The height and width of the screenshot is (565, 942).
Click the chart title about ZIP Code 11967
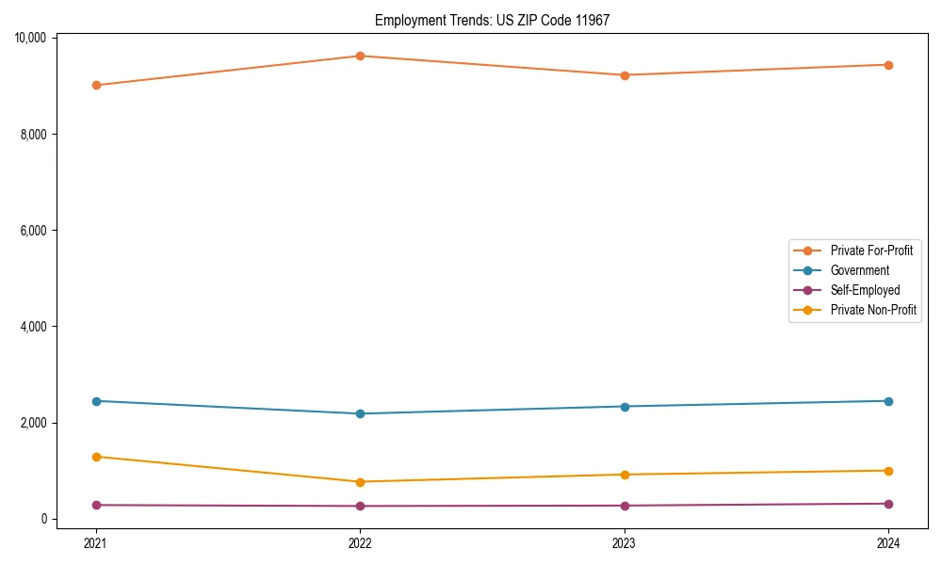[x=492, y=20]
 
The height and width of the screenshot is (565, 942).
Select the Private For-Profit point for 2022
[x=360, y=56]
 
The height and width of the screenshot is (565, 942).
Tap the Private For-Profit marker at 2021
[x=95, y=85]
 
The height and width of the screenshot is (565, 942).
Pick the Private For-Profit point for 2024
[x=888, y=65]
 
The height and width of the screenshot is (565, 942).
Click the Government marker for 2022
[x=360, y=413]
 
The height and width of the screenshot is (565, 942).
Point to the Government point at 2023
[x=624, y=406]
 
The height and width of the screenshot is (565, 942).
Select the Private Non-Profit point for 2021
[x=95, y=457]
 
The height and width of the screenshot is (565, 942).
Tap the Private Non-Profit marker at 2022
[x=360, y=482]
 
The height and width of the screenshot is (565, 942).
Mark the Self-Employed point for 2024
[x=888, y=504]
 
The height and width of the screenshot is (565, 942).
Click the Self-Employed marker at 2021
[x=95, y=505]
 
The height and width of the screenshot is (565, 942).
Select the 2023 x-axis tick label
[x=624, y=542]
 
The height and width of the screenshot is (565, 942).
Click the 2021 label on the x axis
[x=95, y=542]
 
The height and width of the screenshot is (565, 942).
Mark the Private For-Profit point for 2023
[x=624, y=74]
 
